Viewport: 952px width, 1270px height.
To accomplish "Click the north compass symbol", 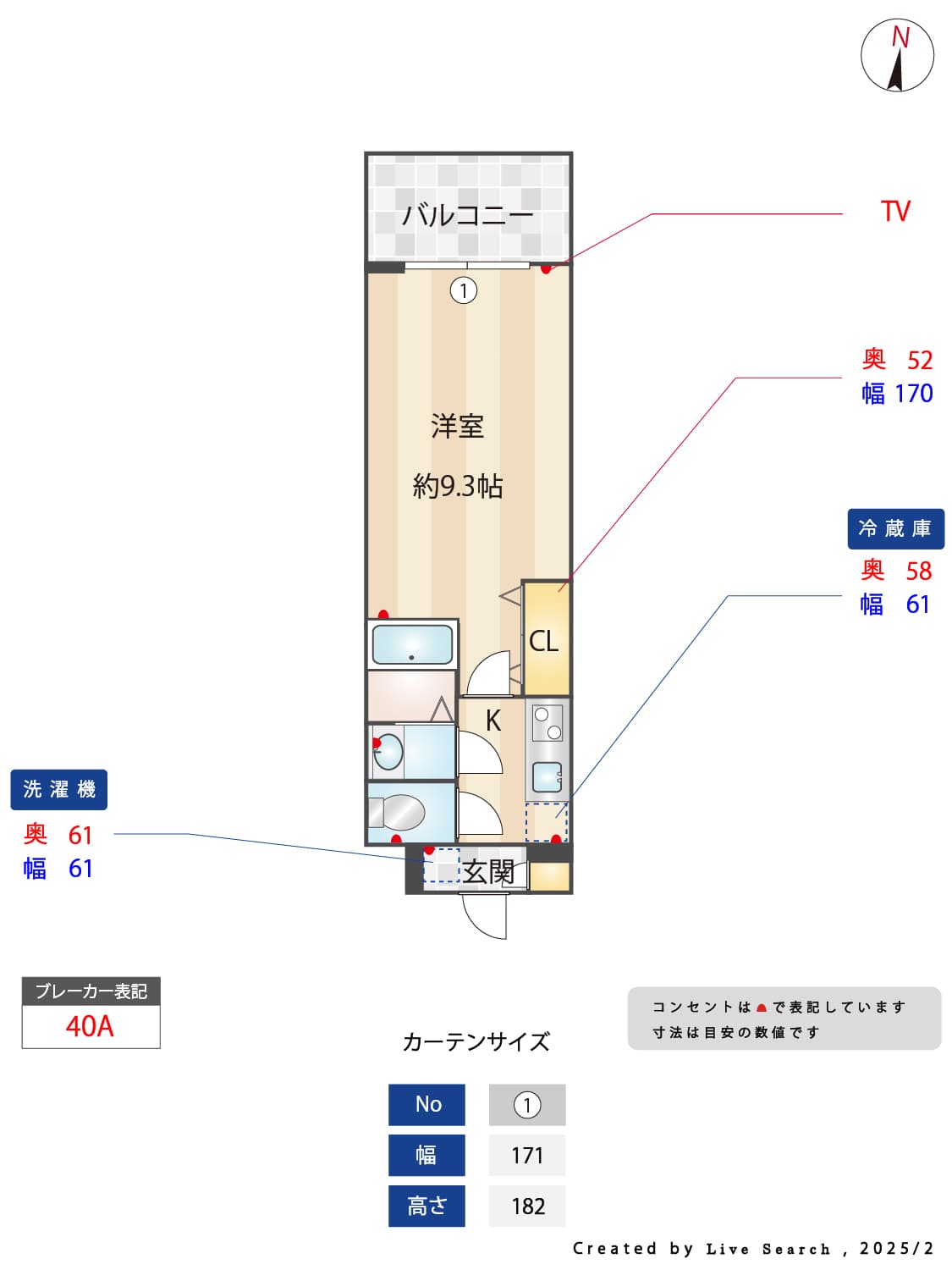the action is (x=896, y=55).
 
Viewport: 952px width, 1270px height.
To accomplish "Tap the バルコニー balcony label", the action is (x=468, y=215).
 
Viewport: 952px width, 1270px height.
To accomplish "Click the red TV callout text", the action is (x=895, y=211).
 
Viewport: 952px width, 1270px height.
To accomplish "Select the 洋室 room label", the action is (x=457, y=426).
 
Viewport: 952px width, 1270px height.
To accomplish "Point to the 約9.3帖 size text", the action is (x=457, y=486).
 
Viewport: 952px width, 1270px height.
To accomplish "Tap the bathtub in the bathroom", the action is (x=412, y=644).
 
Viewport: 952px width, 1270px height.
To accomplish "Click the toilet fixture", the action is (x=397, y=811).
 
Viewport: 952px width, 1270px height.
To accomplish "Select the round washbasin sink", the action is (x=388, y=752).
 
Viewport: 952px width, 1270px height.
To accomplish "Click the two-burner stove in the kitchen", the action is (x=547, y=723).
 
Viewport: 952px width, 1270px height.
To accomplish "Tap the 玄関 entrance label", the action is (x=488, y=871).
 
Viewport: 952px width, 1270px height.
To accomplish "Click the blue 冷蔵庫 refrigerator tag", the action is (x=895, y=529).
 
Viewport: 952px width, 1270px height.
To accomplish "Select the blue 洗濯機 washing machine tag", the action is (x=59, y=789).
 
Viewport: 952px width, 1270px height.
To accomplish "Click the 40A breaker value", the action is (x=90, y=1026).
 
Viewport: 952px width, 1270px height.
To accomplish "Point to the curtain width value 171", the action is (x=526, y=1156).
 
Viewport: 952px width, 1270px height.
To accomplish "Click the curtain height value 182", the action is (x=528, y=1206).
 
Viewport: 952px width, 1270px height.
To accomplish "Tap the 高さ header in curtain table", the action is (x=427, y=1206).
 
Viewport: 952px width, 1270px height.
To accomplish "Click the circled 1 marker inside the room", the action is (x=464, y=290).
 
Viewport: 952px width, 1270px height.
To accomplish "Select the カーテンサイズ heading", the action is (x=476, y=1042).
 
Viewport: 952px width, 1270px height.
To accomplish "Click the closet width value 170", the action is (x=914, y=394).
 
